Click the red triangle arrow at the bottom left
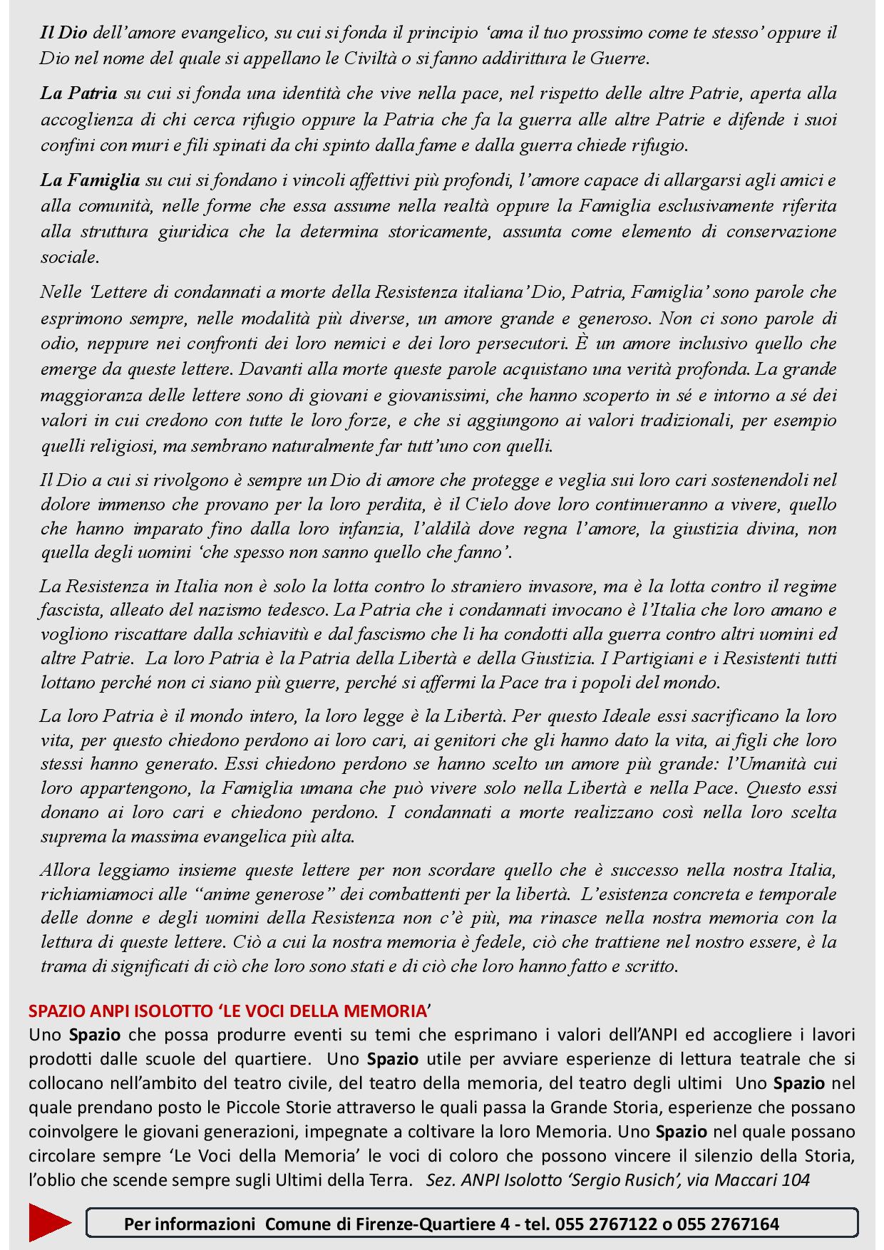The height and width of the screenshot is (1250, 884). [x=48, y=1224]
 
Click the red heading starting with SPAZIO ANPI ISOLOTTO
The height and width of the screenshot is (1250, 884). [x=230, y=1011]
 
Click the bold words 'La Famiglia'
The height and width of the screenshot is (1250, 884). [x=90, y=180]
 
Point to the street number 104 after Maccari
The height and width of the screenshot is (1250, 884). [x=796, y=1179]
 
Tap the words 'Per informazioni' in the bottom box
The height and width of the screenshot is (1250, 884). [x=189, y=1224]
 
